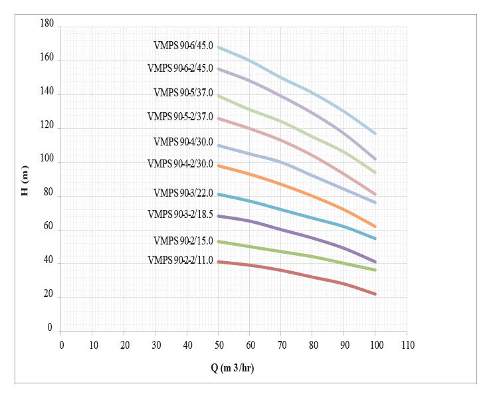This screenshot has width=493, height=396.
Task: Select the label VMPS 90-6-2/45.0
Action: [x=180, y=68]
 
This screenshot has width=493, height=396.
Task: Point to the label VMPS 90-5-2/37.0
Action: [x=180, y=117]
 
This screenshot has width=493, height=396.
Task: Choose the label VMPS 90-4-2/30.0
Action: [x=180, y=163]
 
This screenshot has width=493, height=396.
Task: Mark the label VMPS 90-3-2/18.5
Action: [x=180, y=214]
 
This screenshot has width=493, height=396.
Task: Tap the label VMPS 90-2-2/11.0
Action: [x=180, y=260]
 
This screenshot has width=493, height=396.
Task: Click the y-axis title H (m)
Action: [x=25, y=181]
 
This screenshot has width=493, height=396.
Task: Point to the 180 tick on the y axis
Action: [x=47, y=23]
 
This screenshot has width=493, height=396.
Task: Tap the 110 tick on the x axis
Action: [x=407, y=344]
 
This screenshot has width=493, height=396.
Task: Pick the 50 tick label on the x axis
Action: [x=218, y=344]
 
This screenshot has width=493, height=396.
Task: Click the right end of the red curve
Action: [x=375, y=294]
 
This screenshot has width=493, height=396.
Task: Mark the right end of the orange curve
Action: [x=375, y=227]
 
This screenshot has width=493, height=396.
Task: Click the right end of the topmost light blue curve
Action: [x=375, y=134]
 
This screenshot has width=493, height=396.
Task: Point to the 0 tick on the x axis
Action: [x=62, y=344]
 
